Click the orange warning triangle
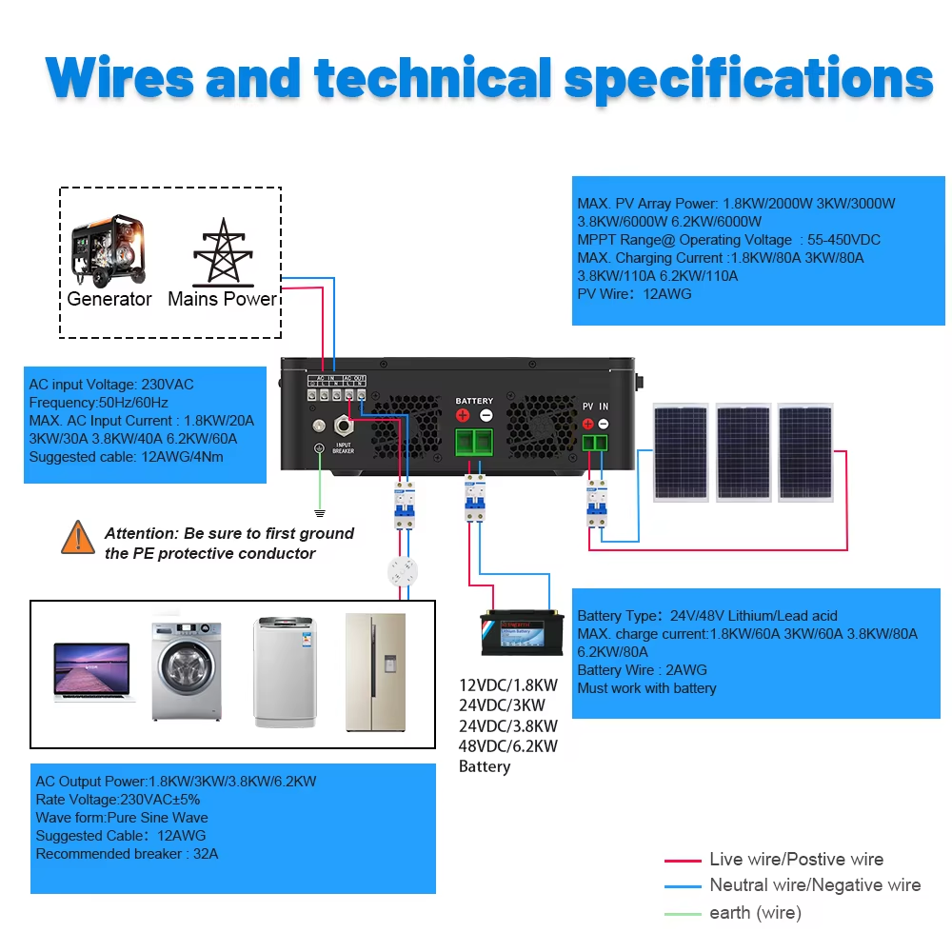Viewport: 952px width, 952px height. click(77, 538)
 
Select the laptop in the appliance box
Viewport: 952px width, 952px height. click(92, 672)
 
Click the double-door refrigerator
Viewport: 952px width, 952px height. click(375, 670)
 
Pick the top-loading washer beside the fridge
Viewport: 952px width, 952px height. click(283, 671)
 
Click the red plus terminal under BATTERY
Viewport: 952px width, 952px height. click(463, 415)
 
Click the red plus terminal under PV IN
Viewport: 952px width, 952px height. click(587, 424)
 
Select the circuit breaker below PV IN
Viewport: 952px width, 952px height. click(597, 504)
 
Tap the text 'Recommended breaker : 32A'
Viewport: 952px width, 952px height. click(127, 854)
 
